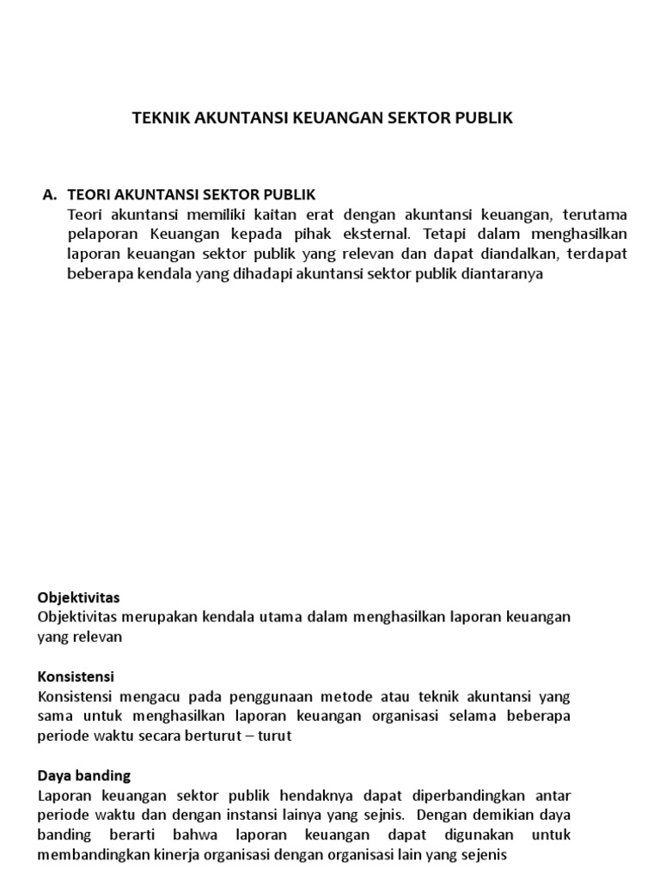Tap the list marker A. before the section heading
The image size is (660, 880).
click(x=50, y=195)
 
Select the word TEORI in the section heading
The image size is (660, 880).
click(x=88, y=195)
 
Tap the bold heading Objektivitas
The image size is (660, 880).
click(x=79, y=597)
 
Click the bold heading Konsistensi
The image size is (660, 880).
click(x=76, y=677)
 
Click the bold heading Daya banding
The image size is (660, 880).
click(x=84, y=776)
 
